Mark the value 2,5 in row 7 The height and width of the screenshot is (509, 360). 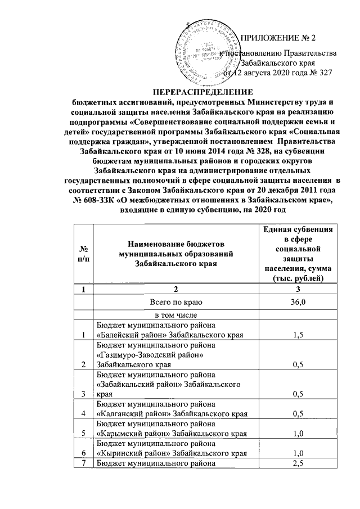point(298,463)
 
